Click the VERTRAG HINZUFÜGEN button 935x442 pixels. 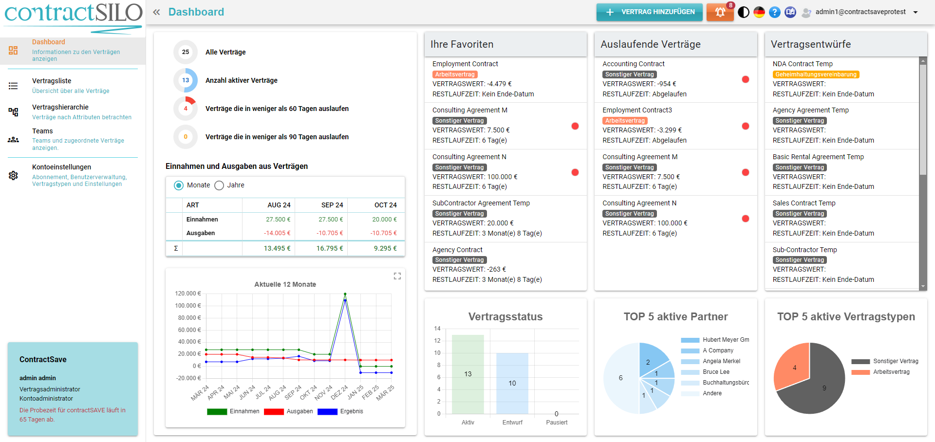(x=649, y=12)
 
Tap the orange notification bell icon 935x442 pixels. (x=720, y=12)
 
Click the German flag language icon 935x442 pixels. (x=759, y=12)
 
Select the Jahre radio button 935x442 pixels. (x=220, y=185)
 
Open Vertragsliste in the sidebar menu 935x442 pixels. (x=52, y=81)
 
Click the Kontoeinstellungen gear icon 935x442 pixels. (x=13, y=175)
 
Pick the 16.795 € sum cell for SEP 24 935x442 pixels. (x=329, y=248)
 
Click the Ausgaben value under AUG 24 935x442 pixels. (x=277, y=233)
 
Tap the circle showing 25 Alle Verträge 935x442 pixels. (x=186, y=52)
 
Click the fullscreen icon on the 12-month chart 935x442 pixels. (x=397, y=276)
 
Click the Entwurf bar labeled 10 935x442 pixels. (x=512, y=383)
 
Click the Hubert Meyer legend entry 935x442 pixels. (x=726, y=340)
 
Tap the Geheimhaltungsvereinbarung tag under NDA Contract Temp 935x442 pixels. (x=816, y=74)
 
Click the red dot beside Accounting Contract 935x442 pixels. (x=745, y=79)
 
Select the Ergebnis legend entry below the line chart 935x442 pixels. (x=351, y=411)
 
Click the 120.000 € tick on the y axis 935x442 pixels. (x=188, y=294)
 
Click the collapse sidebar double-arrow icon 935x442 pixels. (x=156, y=12)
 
